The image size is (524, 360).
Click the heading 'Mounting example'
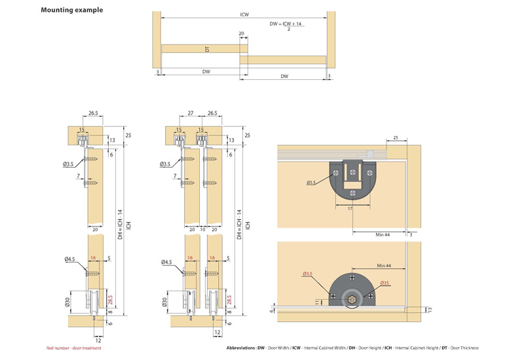[71, 10]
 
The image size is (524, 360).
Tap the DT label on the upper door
[208, 49]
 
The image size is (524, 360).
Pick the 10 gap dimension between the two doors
[203, 230]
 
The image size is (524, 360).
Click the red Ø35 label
[384, 283]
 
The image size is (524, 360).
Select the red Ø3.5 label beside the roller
[308, 274]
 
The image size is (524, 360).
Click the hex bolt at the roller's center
[352, 300]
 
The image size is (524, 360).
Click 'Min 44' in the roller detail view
[385, 265]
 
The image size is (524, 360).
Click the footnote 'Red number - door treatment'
[73, 348]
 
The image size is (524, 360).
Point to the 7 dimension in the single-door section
[77, 176]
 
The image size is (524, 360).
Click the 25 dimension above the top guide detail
[396, 138]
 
